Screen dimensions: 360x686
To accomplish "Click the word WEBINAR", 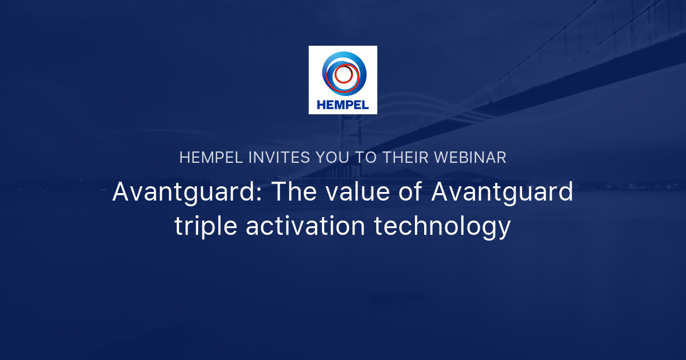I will [470, 158].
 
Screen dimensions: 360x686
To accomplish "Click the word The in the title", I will [292, 192].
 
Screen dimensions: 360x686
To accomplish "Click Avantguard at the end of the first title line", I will [501, 192].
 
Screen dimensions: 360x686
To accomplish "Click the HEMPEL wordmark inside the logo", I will [342, 105].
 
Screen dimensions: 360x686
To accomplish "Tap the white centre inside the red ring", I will [344, 74].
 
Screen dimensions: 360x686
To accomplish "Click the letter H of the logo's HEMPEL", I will [321, 105].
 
